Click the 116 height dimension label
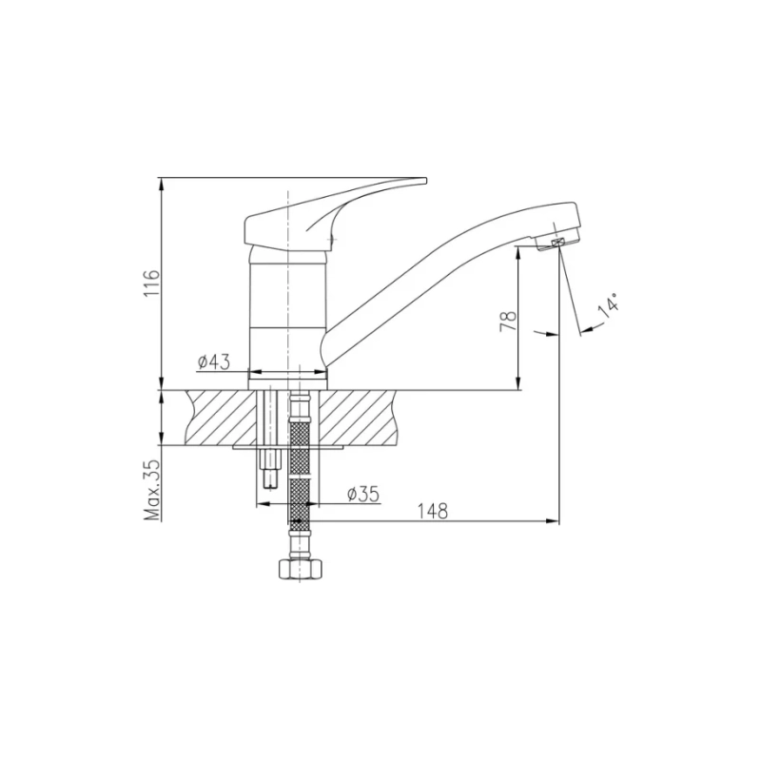click(152, 283)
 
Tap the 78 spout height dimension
click(509, 321)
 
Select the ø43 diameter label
click(213, 361)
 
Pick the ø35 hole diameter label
click(363, 494)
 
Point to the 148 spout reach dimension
click(433, 511)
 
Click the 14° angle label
click(609, 305)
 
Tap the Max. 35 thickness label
click(152, 490)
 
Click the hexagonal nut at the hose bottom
click(301, 569)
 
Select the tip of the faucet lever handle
click(425, 181)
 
